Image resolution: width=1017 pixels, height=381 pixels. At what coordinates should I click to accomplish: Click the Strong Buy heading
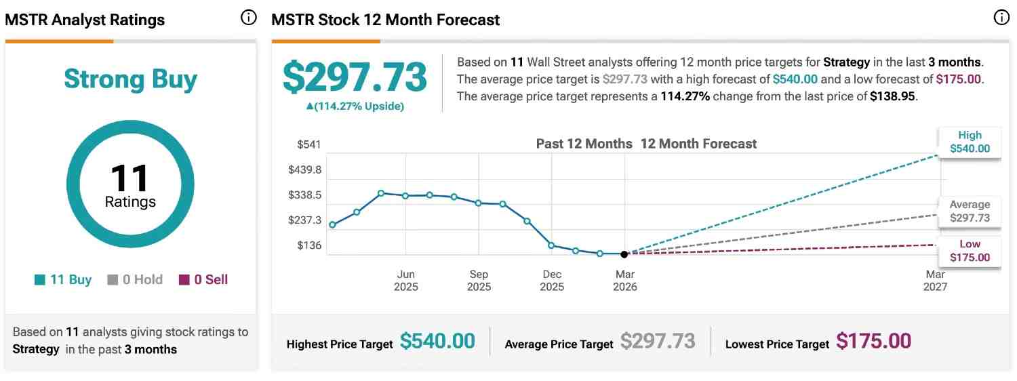[130, 79]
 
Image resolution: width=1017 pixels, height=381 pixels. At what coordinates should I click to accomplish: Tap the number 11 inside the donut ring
[129, 178]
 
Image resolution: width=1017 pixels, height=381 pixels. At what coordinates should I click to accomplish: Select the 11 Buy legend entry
[63, 279]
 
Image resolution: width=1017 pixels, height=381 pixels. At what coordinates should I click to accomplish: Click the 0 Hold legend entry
[135, 279]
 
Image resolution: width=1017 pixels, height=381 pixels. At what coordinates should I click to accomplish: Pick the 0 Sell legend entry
[203, 279]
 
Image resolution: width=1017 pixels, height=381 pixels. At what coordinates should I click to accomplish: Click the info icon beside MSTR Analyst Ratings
[249, 18]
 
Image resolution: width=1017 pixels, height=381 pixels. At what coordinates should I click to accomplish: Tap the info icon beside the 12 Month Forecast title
[1001, 18]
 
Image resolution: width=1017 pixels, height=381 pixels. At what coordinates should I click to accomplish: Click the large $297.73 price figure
[355, 77]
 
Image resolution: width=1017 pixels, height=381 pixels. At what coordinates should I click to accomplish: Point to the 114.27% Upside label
[355, 106]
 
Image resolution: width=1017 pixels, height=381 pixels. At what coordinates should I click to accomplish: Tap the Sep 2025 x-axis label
[479, 281]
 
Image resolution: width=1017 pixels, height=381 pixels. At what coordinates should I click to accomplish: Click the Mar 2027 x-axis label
[936, 281]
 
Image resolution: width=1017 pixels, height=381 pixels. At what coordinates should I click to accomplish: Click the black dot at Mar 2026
[624, 254]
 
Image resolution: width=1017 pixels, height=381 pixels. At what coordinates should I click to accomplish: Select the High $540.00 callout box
[970, 142]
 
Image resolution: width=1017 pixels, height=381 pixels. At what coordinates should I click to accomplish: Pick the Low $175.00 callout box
[970, 251]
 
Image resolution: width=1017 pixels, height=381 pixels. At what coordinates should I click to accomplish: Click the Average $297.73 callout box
[970, 212]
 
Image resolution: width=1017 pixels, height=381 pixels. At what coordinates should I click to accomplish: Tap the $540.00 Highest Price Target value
[437, 341]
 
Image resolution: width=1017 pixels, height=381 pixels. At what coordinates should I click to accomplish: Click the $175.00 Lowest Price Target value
[873, 341]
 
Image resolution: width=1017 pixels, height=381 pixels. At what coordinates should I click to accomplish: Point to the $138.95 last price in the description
[892, 96]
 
